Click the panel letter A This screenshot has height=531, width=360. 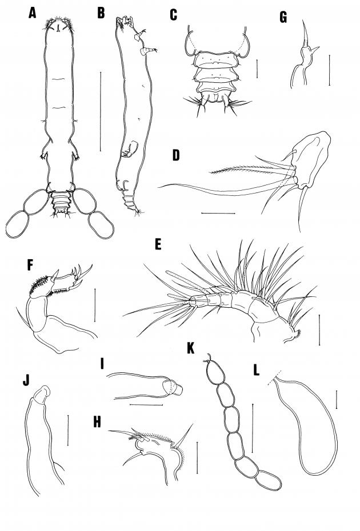[x=32, y=13]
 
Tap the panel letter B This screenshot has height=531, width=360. [x=101, y=13]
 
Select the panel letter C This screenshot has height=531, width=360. [x=173, y=15]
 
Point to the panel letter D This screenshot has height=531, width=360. [x=176, y=155]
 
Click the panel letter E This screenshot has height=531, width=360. [x=158, y=245]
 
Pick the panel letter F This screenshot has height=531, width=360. [x=30, y=266]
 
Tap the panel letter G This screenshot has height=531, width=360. [x=283, y=17]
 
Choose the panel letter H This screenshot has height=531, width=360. [x=97, y=423]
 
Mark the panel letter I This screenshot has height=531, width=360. [x=102, y=364]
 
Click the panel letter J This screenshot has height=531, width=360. [x=26, y=380]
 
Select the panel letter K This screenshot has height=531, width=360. [x=191, y=348]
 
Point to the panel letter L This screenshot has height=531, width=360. [x=256, y=371]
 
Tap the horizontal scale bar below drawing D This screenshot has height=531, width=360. [x=218, y=214]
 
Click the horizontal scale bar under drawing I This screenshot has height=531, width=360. [x=146, y=405]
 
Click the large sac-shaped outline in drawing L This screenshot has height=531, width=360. [x=336, y=440]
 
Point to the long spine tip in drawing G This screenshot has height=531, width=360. [x=303, y=21]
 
